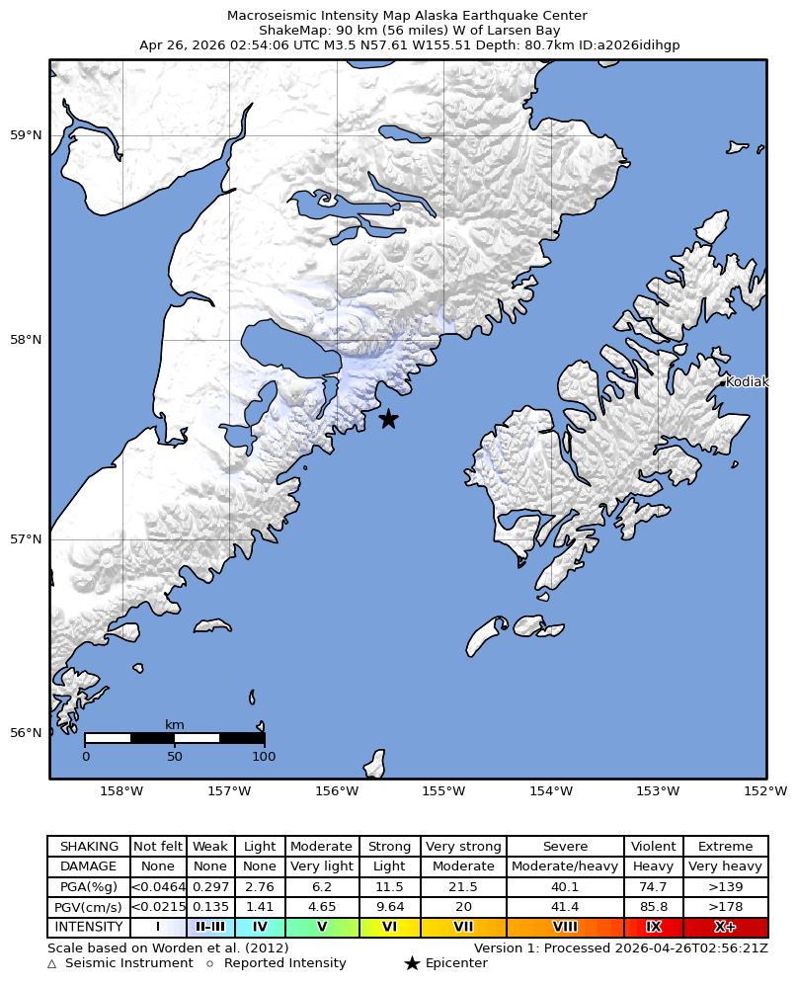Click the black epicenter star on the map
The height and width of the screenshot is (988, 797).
[388, 419]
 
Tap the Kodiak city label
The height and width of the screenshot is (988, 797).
[746, 382]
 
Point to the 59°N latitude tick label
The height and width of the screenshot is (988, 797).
[27, 135]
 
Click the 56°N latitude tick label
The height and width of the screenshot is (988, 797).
[27, 733]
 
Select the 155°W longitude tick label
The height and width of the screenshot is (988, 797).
[443, 791]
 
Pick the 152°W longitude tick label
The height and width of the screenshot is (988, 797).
[765, 791]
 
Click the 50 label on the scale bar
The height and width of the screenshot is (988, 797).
[175, 757]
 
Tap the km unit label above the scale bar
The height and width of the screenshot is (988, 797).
[175, 725]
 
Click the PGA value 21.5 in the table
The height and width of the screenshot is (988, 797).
[463, 887]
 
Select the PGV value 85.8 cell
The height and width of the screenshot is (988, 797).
[653, 907]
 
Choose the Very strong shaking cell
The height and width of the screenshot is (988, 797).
[463, 847]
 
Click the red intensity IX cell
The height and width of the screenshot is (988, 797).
[653, 928]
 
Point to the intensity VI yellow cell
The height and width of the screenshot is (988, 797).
[389, 928]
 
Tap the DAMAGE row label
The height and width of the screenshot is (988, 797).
[89, 866]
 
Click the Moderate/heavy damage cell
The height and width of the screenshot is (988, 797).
[565, 866]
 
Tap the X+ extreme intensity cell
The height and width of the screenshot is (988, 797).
[725, 928]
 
